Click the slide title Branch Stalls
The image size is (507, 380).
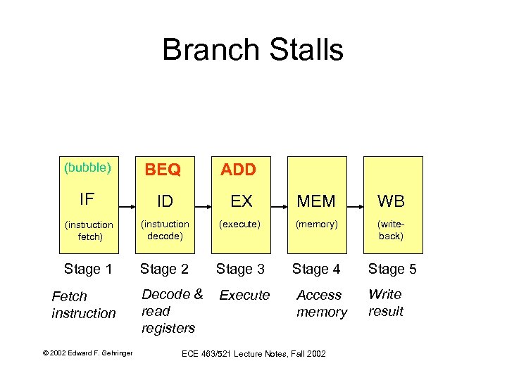252,50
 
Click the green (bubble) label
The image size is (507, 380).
87,167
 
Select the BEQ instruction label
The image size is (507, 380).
163,170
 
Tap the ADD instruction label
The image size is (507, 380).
239,170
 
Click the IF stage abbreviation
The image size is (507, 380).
87,199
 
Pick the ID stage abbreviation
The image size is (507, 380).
165,202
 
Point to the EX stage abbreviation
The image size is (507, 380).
241,202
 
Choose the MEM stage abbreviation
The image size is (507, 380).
316,202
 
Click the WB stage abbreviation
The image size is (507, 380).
391,202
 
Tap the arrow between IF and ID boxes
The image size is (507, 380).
127,207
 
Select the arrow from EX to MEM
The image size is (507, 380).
279,207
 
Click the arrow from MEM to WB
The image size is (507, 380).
355,207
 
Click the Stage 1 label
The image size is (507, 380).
88,268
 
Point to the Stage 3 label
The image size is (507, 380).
240,268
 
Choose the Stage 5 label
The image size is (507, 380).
392,268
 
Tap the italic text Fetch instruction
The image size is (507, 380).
83,305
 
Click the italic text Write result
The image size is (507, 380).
386,303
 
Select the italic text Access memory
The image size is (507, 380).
321,303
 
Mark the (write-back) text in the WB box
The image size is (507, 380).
391,230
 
